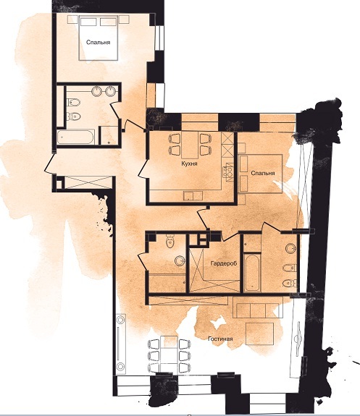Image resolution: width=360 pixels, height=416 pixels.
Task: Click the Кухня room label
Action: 189,164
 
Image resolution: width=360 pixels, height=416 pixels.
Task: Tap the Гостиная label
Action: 220,339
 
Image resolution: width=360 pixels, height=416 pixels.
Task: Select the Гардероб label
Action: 223,263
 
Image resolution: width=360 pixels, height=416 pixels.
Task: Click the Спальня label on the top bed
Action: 98,42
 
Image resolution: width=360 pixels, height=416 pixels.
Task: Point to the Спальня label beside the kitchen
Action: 262,173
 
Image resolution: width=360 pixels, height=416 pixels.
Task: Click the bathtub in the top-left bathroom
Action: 76,137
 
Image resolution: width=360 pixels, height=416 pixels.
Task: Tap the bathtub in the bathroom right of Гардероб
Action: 251,273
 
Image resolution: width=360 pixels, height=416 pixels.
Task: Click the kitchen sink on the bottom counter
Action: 193,195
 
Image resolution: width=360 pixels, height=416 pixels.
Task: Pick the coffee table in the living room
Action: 259,334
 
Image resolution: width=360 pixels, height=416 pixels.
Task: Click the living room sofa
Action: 258,307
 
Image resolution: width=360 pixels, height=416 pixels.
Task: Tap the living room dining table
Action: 169,355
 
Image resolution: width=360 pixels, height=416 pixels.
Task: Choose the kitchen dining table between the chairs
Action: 190,145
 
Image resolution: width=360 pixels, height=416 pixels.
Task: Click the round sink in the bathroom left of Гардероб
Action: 180,260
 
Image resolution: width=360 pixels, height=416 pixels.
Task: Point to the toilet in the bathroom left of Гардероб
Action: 169,241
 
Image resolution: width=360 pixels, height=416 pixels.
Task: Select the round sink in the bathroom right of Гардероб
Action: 290,249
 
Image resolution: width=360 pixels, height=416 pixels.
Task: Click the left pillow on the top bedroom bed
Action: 88,22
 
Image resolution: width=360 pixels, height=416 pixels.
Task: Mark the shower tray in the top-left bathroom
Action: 109,135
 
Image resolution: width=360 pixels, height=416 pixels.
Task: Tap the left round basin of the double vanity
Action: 97,91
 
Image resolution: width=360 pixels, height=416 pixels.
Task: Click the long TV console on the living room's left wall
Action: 121,344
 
